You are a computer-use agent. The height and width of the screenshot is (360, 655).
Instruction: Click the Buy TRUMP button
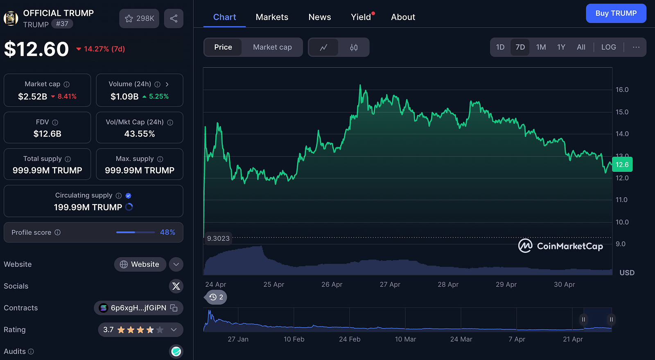click(x=616, y=13)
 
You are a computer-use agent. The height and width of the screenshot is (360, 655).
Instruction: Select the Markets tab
click(x=272, y=17)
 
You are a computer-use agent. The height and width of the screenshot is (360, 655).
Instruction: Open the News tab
click(x=320, y=17)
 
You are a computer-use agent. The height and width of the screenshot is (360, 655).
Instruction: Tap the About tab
click(x=403, y=17)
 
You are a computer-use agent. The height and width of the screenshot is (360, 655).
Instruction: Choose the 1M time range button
click(x=541, y=47)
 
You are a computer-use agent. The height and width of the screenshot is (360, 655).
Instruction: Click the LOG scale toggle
click(x=608, y=47)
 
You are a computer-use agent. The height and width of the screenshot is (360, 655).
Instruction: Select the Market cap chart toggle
click(x=272, y=47)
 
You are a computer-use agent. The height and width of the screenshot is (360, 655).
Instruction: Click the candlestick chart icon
click(x=354, y=47)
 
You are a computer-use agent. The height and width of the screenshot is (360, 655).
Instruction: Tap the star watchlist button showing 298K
click(x=139, y=18)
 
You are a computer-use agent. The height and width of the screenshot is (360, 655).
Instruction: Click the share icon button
click(x=174, y=18)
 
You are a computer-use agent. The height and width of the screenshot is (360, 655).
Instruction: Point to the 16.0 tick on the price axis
click(x=622, y=90)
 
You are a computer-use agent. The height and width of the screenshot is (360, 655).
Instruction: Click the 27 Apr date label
click(x=390, y=284)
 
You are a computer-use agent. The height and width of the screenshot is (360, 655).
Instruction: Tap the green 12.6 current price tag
click(x=622, y=164)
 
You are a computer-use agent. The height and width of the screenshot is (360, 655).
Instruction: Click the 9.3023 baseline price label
click(x=218, y=239)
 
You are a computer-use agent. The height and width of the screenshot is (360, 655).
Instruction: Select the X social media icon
click(x=176, y=286)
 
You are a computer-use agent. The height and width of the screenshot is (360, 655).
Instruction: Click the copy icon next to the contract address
click(x=174, y=308)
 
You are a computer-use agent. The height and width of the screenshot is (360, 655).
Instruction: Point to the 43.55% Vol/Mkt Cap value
click(x=140, y=134)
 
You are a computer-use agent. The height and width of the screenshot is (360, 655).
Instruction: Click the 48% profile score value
click(x=167, y=232)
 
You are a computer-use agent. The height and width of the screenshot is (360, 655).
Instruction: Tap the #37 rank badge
click(x=62, y=24)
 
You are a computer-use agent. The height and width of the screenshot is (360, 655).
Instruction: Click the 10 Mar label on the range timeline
click(x=405, y=339)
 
